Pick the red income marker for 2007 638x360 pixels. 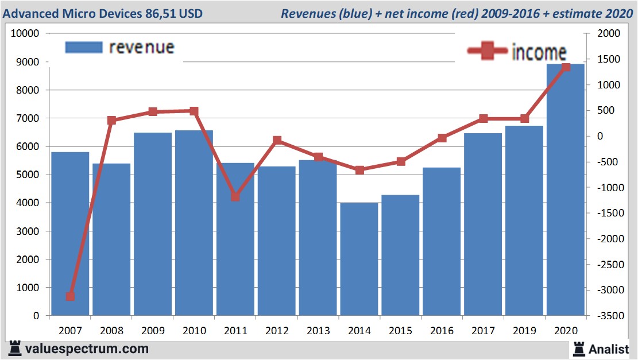point(70,296)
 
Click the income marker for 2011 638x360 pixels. point(235,196)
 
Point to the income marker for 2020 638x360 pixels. point(566,67)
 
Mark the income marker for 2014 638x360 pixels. point(359,170)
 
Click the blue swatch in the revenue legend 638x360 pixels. point(83,47)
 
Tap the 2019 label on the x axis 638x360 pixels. point(524,331)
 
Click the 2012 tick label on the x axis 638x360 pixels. point(276,331)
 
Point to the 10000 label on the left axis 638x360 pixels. point(25,34)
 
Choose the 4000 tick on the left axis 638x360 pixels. point(27,203)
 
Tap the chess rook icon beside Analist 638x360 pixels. point(578,348)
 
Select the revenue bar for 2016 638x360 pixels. point(442,241)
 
